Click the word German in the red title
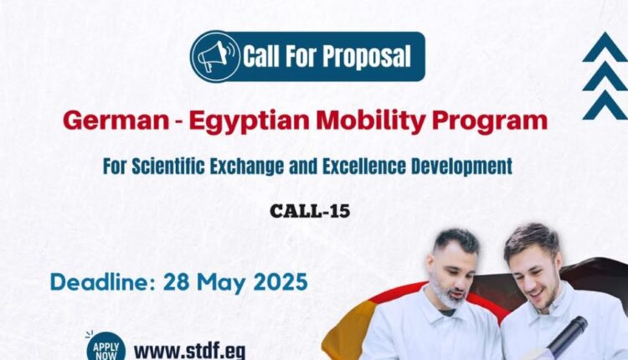tap(116, 121)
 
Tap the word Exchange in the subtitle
tap(247, 166)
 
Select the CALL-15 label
tap(310, 211)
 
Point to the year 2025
tap(281, 282)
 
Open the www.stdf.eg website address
tap(189, 351)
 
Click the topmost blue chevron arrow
tap(605, 47)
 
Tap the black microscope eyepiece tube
tap(568, 336)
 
